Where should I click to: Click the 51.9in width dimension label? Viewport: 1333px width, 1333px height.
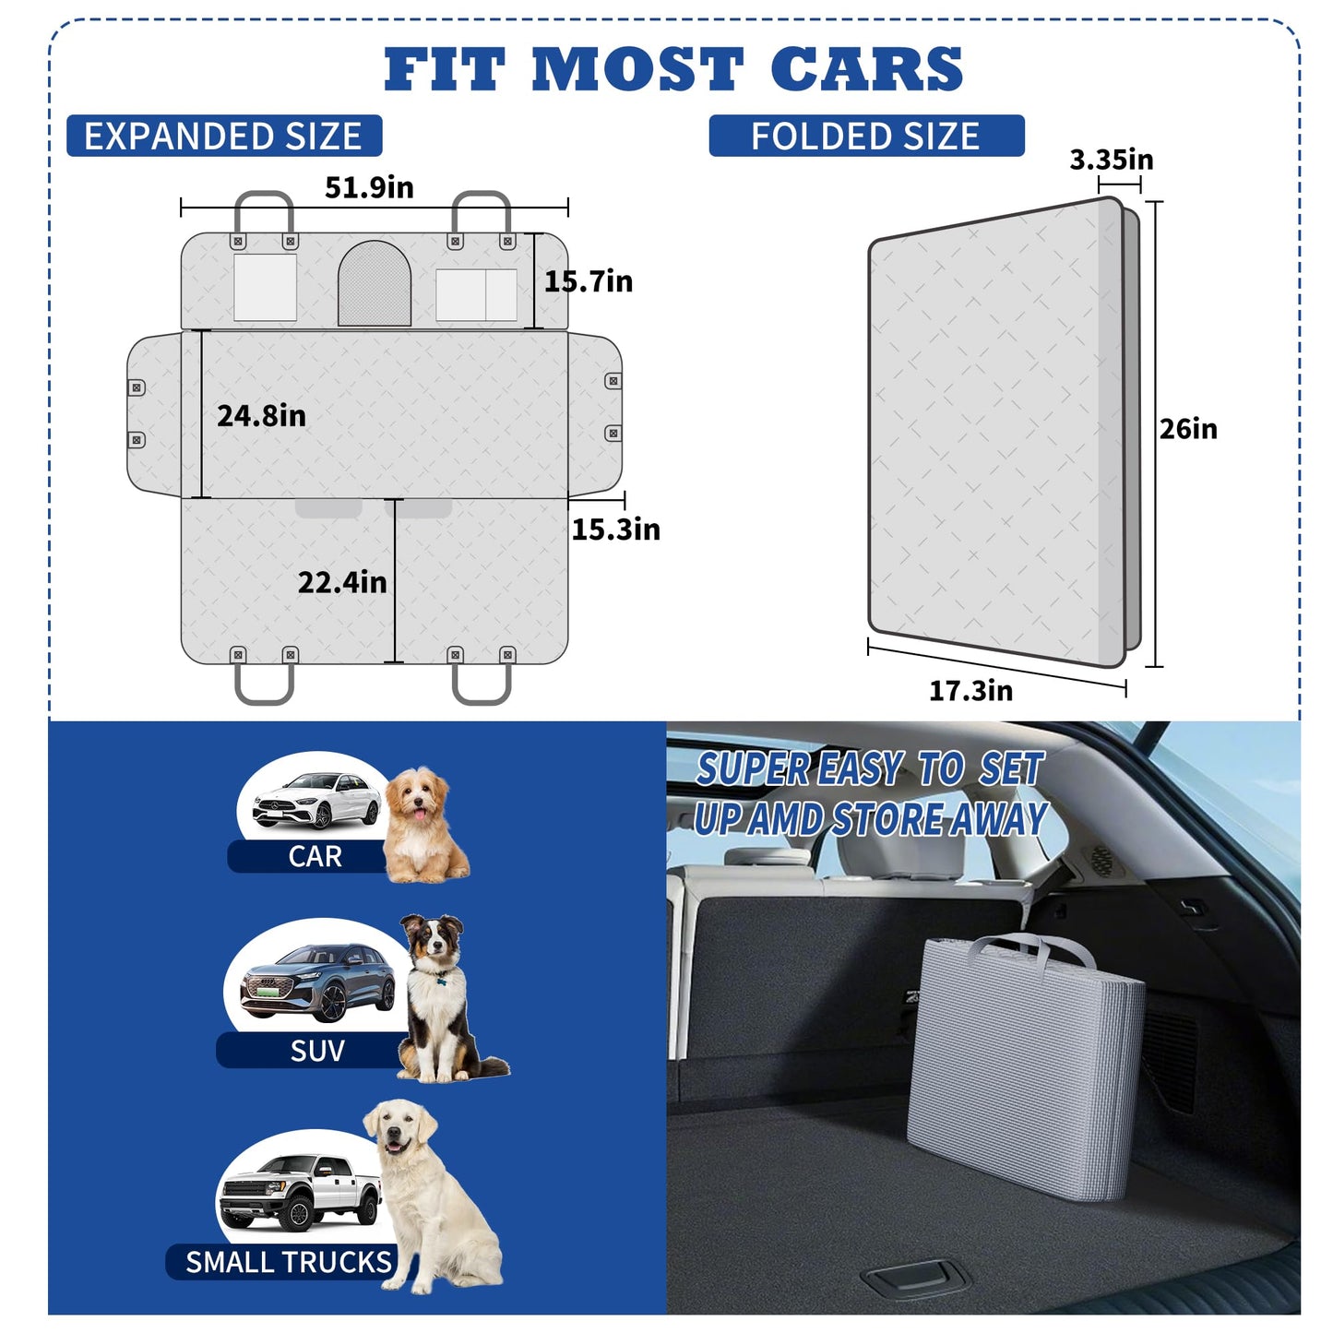point(369,187)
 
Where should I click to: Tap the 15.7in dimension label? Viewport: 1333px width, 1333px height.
point(588,281)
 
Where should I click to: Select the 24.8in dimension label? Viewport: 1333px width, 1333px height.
point(261,416)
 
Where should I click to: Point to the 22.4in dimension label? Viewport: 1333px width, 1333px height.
point(341,582)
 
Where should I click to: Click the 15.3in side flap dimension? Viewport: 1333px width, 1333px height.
point(615,530)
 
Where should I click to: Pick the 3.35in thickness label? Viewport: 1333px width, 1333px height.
point(1111,160)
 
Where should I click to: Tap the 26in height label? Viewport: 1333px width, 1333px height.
point(1188,429)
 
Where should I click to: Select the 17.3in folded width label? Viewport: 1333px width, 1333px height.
point(970,690)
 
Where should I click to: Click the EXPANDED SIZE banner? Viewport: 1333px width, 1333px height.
point(224,136)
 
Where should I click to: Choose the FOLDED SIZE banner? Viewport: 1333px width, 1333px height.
point(866,136)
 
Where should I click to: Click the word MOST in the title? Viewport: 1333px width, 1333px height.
point(637,69)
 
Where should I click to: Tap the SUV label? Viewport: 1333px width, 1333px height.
point(316,1051)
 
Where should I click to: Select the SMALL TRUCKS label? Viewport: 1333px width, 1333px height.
point(289,1262)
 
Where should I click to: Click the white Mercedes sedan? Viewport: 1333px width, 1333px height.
point(316,801)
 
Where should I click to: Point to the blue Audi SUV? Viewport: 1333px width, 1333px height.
point(317,983)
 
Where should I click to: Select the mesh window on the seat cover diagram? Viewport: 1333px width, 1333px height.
point(375,283)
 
